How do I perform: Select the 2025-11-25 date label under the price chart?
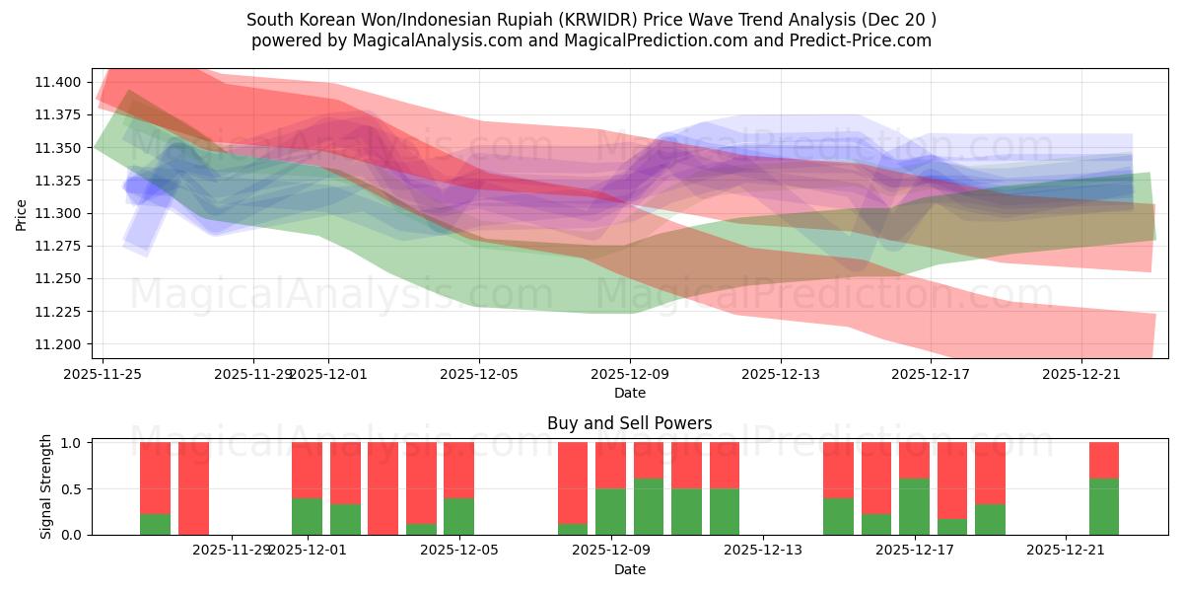[x=102, y=374]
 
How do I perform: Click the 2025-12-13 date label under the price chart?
[x=781, y=374]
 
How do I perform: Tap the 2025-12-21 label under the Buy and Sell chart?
[x=1067, y=551]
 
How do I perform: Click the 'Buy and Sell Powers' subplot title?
[x=629, y=424]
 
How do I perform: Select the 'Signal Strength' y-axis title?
[x=46, y=488]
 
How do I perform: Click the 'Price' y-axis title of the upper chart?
[x=22, y=213]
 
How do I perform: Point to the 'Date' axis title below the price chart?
[x=629, y=393]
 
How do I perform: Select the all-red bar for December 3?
[x=383, y=488]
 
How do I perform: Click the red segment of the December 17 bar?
[x=914, y=461]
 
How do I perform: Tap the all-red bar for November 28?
[x=193, y=488]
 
